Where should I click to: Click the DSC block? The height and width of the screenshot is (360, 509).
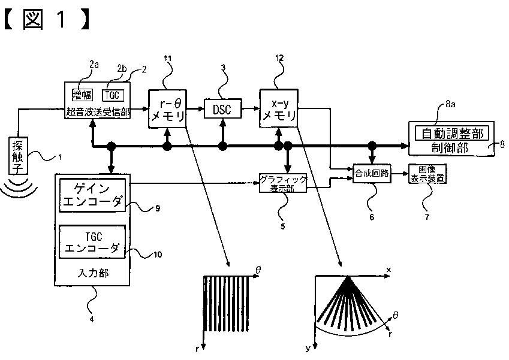[x=222, y=108]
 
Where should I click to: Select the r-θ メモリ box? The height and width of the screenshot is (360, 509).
[x=167, y=108]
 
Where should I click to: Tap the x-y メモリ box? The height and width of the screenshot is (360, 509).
[x=279, y=108]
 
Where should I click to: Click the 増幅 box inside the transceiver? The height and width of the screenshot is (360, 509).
[x=83, y=95]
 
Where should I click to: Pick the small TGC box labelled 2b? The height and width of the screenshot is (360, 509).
[x=113, y=95]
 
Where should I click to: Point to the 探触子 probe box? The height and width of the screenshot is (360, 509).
[x=18, y=155]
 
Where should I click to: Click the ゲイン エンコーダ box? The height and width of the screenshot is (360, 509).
[x=92, y=195]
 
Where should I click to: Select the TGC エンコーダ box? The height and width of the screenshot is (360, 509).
[x=92, y=242]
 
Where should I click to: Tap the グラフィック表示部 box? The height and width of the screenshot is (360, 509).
[x=283, y=183]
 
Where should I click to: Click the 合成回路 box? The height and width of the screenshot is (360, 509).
[x=372, y=173]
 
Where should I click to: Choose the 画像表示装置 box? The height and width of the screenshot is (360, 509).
[x=427, y=174]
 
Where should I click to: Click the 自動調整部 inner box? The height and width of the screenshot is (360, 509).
[x=452, y=134]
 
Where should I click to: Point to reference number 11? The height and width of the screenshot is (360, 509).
[x=168, y=58]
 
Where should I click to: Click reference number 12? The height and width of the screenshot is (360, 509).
[x=279, y=58]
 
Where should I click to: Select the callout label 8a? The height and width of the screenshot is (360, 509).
[x=450, y=104]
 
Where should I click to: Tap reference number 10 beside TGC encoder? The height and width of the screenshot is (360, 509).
[x=158, y=254]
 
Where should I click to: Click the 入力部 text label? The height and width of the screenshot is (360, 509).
[x=93, y=273]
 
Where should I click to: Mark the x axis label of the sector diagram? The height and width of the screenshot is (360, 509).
[x=389, y=270]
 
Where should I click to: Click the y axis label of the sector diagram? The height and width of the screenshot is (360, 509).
[x=308, y=349]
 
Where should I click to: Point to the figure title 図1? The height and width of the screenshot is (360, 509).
[x=46, y=19]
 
